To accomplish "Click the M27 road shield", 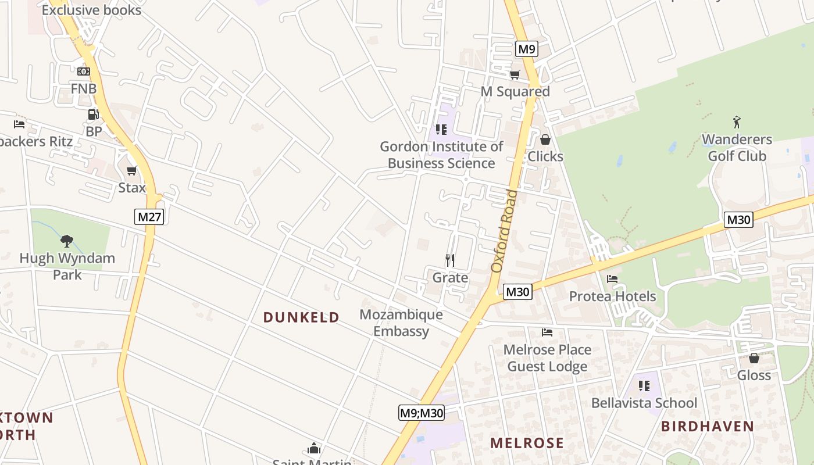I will [x=149, y=217].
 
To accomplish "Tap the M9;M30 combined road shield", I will [x=422, y=413].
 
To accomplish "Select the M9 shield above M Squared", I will [x=526, y=49].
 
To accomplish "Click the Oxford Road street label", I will [x=504, y=231].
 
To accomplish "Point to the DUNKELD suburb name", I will [x=301, y=317].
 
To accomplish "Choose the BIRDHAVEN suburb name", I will [x=708, y=427].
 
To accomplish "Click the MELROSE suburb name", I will [x=527, y=443].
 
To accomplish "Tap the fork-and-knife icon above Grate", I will [x=449, y=260].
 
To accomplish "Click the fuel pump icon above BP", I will [x=93, y=115].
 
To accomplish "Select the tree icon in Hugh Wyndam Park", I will [x=67, y=241].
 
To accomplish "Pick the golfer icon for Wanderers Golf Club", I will [x=737, y=122].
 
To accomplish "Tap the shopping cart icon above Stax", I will [x=132, y=170].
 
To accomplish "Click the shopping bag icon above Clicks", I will [x=545, y=139].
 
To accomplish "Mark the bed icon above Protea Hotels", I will [x=612, y=279].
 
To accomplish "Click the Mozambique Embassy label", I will [x=401, y=323].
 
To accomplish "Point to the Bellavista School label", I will [x=644, y=403].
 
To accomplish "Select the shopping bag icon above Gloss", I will [x=754, y=358].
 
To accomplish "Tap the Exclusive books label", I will [x=91, y=10].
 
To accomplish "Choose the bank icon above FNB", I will [x=84, y=71].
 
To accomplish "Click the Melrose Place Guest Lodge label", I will [x=547, y=358].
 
